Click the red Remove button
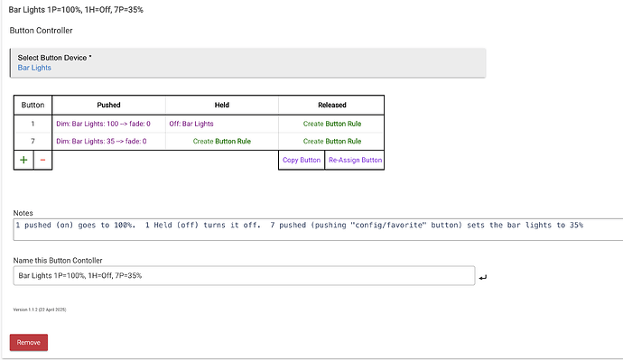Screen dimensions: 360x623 [x=29, y=342]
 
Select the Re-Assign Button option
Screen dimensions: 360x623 [x=354, y=161]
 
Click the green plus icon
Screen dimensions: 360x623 [x=23, y=161]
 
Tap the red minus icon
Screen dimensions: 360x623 [x=42, y=161]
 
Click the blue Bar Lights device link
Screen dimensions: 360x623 [x=34, y=68]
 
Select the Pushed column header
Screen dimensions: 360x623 [x=108, y=105]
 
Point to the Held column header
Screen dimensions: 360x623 [x=221, y=105]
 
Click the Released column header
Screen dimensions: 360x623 [x=331, y=105]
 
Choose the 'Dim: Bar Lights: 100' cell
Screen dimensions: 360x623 [x=103, y=123]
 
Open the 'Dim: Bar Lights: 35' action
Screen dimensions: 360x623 [x=101, y=142]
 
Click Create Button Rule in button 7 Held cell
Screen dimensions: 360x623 [x=221, y=142]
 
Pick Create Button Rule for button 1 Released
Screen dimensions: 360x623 [x=331, y=123]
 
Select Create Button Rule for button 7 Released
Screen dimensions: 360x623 [x=331, y=142]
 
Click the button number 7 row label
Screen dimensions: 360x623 [x=33, y=142]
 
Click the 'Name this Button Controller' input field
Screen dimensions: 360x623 [x=244, y=275]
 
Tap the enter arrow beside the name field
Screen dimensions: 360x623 [x=483, y=277]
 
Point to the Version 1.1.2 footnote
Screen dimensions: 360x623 [x=40, y=309]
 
